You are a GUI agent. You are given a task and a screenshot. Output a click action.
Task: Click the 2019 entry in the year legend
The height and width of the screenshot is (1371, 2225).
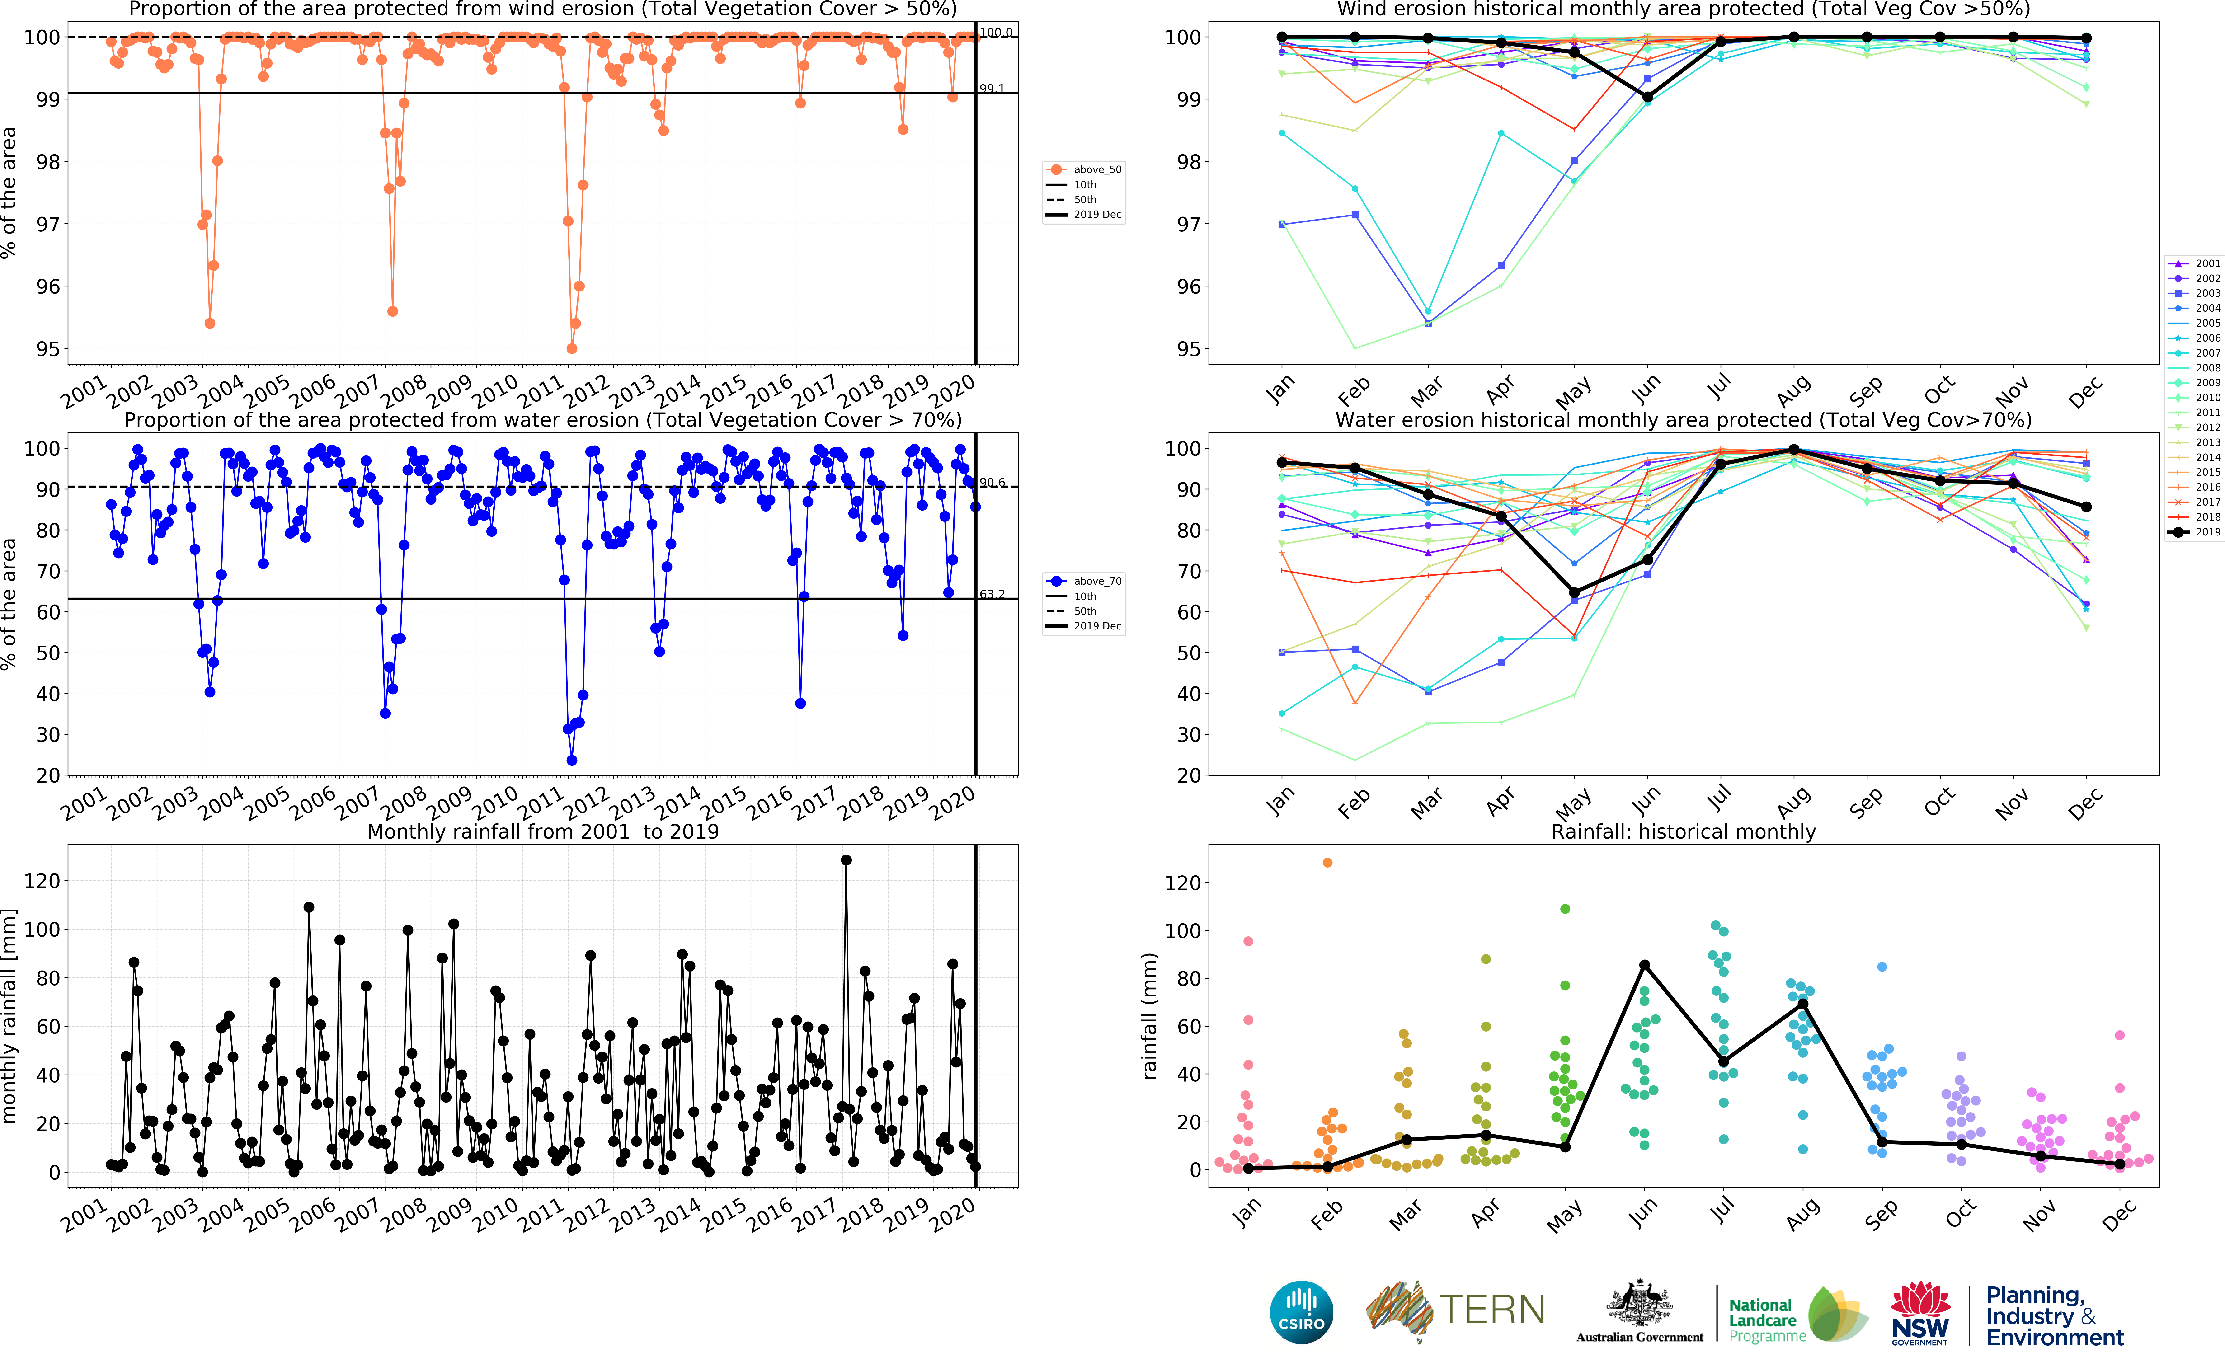(x=2194, y=532)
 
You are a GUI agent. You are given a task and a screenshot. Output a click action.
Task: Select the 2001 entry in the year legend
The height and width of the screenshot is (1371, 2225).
(x=2194, y=264)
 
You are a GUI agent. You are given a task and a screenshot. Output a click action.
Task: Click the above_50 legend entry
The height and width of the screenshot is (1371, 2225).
(x=1085, y=169)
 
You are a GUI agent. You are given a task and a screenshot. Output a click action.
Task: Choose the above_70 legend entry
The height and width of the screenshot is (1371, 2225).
(x=1085, y=581)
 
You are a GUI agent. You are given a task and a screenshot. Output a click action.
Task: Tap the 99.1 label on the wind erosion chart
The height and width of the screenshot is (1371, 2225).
(x=992, y=89)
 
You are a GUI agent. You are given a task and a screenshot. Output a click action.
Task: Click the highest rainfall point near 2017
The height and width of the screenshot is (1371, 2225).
(x=846, y=859)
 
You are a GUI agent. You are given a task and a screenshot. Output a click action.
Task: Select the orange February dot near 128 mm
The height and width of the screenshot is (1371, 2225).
(x=1327, y=862)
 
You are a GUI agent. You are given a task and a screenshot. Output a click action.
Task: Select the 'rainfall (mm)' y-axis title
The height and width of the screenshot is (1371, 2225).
(x=1150, y=1016)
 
